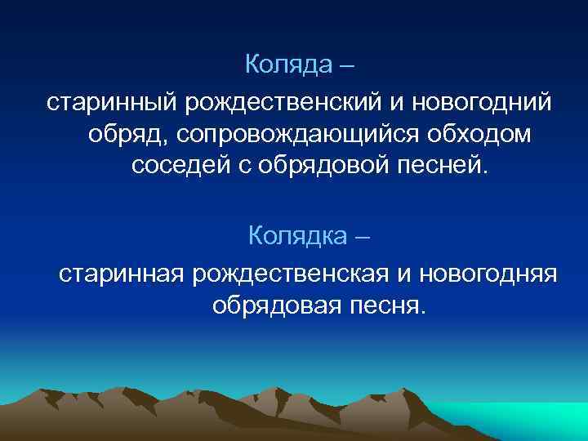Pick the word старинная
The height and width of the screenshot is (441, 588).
pos(122,274)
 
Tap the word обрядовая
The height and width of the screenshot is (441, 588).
pos(274,306)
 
